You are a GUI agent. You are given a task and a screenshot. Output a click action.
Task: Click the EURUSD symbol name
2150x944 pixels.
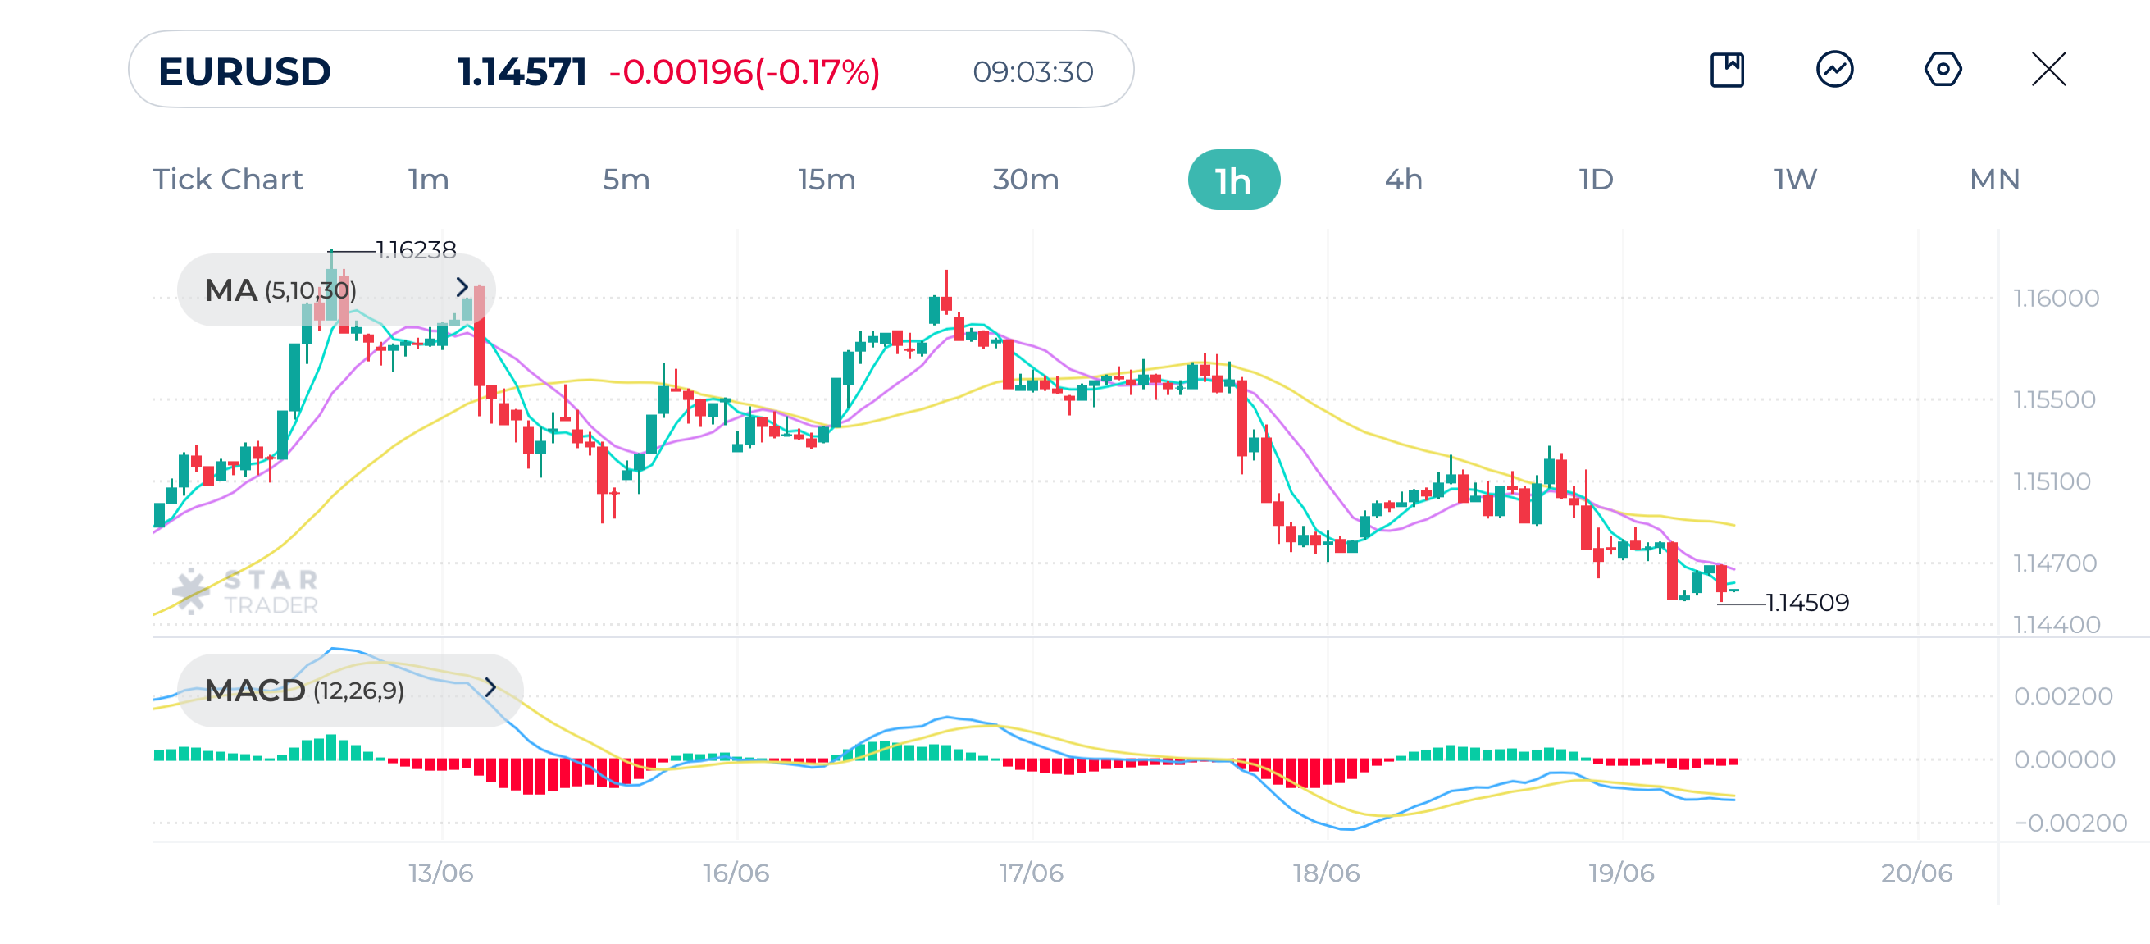tap(244, 72)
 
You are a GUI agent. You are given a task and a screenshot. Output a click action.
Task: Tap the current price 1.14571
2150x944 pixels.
tap(522, 72)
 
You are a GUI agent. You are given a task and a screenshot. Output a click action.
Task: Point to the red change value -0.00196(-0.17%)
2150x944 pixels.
tap(745, 72)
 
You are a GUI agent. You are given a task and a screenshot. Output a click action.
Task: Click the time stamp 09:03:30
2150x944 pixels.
tap(1032, 72)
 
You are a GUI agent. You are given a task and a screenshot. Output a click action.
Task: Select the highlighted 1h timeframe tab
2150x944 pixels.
tap(1232, 180)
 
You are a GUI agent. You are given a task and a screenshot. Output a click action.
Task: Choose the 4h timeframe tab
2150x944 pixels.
tap(1403, 180)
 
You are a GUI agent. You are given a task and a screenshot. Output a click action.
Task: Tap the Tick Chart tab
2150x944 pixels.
tap(227, 180)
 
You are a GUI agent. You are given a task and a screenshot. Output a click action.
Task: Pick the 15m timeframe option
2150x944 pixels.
tap(827, 180)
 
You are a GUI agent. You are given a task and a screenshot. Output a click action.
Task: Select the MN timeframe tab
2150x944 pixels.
tap(1994, 180)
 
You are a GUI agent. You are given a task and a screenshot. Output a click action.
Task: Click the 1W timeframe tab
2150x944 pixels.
tap(1795, 180)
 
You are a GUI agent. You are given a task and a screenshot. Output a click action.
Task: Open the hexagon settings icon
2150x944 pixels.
tap(1943, 69)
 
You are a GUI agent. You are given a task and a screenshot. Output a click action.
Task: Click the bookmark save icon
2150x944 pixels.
tap(1727, 69)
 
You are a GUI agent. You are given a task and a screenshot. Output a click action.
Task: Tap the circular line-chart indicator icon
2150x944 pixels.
tap(1834, 69)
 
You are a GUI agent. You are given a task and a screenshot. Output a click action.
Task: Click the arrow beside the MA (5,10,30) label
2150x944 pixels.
tap(462, 288)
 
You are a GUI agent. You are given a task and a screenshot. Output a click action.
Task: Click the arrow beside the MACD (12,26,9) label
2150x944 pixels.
tap(490, 688)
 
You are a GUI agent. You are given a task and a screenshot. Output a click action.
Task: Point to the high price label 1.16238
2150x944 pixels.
tap(416, 249)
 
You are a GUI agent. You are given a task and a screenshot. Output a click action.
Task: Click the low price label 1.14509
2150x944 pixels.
tap(1807, 603)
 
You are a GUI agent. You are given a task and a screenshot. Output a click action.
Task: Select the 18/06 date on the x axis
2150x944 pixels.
tap(1326, 873)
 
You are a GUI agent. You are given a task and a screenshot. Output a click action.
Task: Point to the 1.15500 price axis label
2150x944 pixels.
tap(2054, 399)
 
